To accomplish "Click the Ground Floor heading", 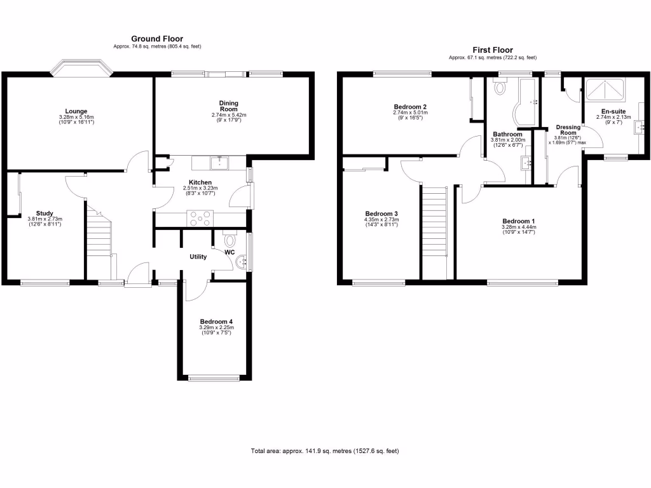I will click(x=157, y=39).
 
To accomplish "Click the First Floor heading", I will click(x=492, y=50).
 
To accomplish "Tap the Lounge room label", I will click(x=76, y=111).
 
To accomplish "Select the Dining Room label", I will click(x=228, y=106).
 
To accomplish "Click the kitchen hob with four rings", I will click(x=200, y=219).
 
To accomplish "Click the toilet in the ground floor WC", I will click(x=230, y=240).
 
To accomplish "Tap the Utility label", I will click(x=198, y=257).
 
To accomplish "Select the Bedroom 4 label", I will click(x=216, y=322).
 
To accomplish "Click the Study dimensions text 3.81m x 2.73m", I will click(x=45, y=219).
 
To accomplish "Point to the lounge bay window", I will click(x=81, y=67).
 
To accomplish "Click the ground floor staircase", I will click(x=99, y=235).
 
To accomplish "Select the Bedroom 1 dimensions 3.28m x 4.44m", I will click(x=519, y=227).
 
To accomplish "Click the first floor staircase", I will click(x=435, y=229).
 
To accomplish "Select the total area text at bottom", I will click(x=325, y=451).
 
